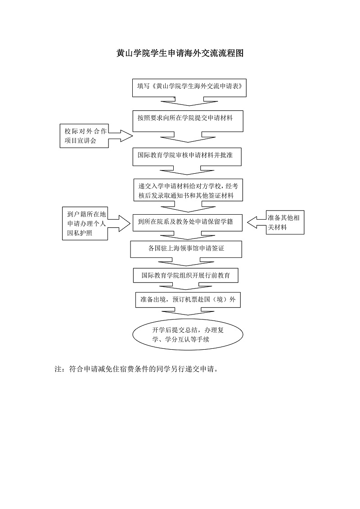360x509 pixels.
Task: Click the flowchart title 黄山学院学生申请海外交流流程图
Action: [x=180, y=54]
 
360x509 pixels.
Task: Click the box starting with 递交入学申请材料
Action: [x=189, y=190]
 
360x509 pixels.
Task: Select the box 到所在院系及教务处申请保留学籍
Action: [x=188, y=222]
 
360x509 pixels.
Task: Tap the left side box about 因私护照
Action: [x=85, y=224]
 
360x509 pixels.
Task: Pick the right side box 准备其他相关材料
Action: [x=285, y=222]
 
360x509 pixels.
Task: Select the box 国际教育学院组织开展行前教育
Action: [x=185, y=275]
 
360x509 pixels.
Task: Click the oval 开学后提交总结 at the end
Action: [x=188, y=335]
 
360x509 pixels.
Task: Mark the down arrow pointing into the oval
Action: [x=188, y=312]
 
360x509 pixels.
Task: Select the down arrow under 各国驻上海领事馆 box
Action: [x=186, y=262]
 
